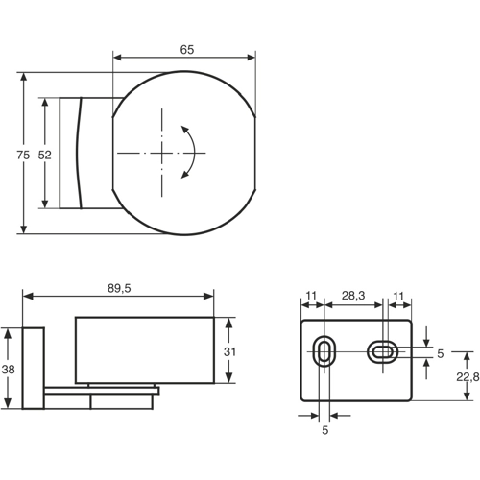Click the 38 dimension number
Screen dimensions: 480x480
coord(9,368)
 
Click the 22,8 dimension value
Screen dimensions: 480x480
coord(467,377)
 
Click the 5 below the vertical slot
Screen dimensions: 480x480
coord(324,431)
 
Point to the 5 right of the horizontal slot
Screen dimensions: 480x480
coord(440,353)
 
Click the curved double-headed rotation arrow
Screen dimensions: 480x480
coord(190,152)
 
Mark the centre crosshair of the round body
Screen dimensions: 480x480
coord(163,153)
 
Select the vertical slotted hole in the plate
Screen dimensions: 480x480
coord(324,352)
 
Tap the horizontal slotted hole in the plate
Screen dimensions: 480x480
coord(384,352)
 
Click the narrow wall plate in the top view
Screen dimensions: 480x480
coord(72,153)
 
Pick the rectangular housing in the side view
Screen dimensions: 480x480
coord(143,349)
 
